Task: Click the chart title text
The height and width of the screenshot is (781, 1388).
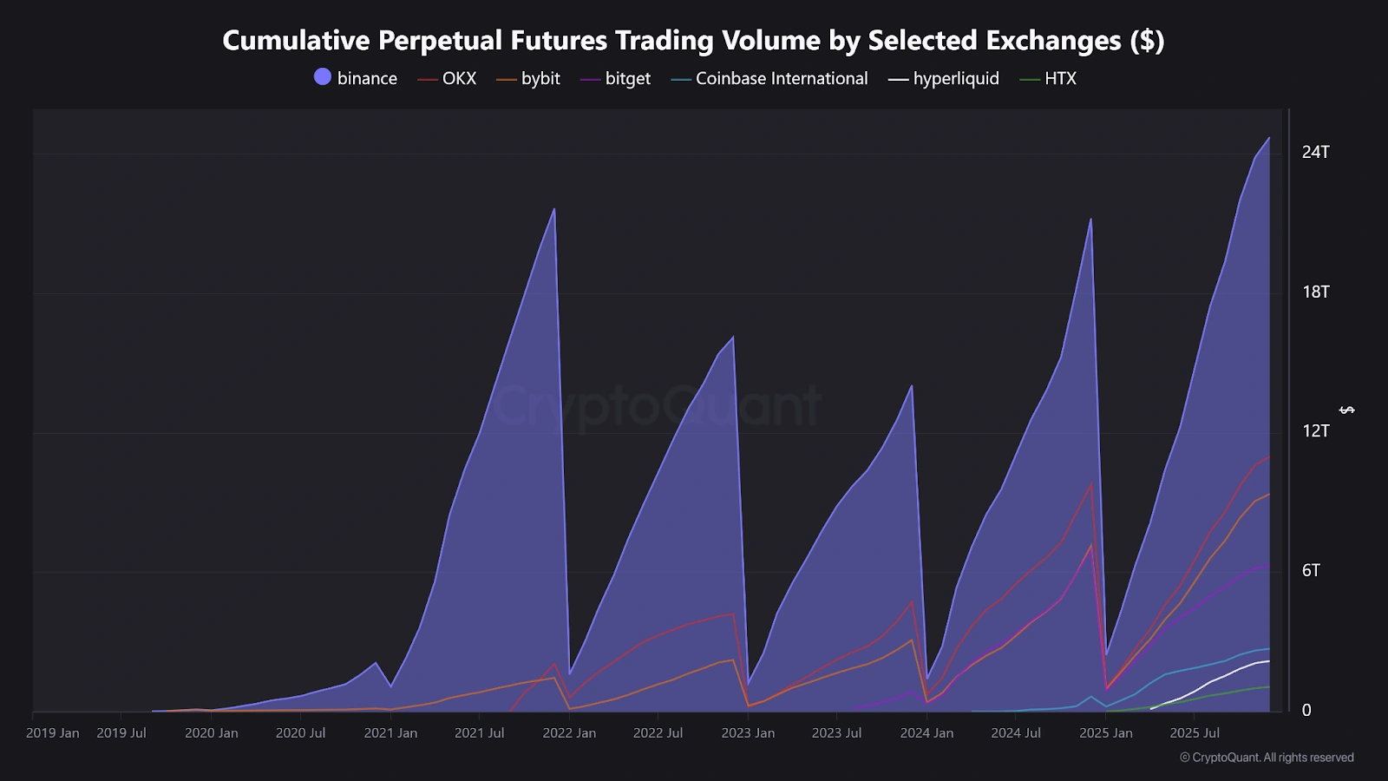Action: (x=693, y=40)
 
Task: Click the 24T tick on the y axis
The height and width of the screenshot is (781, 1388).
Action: (x=1315, y=152)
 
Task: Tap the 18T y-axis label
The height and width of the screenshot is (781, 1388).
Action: (x=1315, y=292)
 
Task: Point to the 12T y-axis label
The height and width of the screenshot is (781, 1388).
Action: (x=1315, y=430)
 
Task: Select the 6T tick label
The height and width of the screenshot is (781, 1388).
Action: (x=1311, y=570)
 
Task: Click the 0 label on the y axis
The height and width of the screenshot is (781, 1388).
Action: (x=1306, y=710)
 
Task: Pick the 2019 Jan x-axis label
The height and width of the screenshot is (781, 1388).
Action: (x=53, y=733)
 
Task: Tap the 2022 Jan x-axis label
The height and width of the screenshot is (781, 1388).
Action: (x=569, y=733)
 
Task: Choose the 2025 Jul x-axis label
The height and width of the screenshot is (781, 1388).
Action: (x=1195, y=733)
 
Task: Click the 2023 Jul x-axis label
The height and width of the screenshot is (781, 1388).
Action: (x=836, y=733)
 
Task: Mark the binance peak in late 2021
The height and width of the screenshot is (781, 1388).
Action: (x=553, y=209)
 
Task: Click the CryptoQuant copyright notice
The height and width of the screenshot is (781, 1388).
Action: (x=1267, y=758)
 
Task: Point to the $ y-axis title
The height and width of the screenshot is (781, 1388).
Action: (x=1347, y=410)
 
